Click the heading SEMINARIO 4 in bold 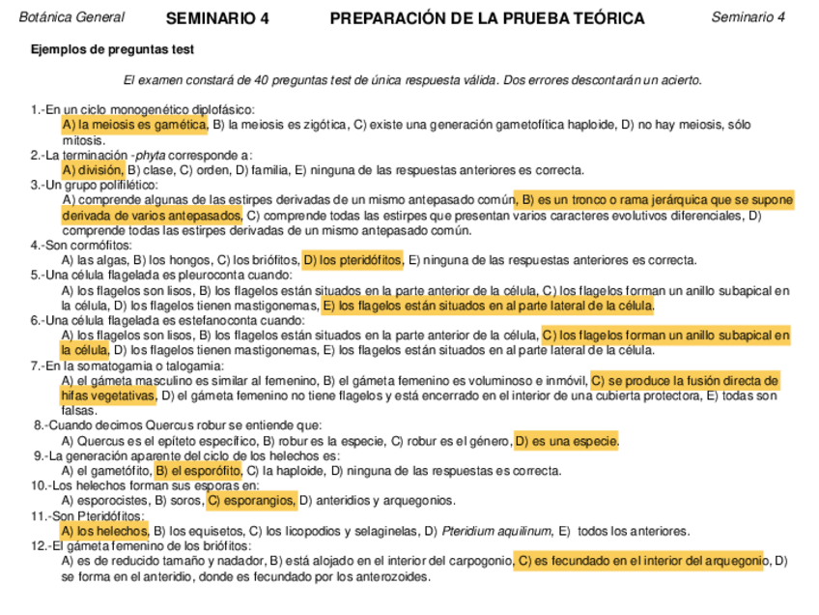217,18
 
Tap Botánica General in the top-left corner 71,17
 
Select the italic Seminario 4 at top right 748,17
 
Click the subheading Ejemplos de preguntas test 111,49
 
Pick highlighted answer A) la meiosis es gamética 134,125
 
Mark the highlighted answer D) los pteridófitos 353,259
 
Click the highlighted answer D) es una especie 567,442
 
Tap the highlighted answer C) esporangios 251,501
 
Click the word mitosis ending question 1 83,140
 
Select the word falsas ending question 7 79,410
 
